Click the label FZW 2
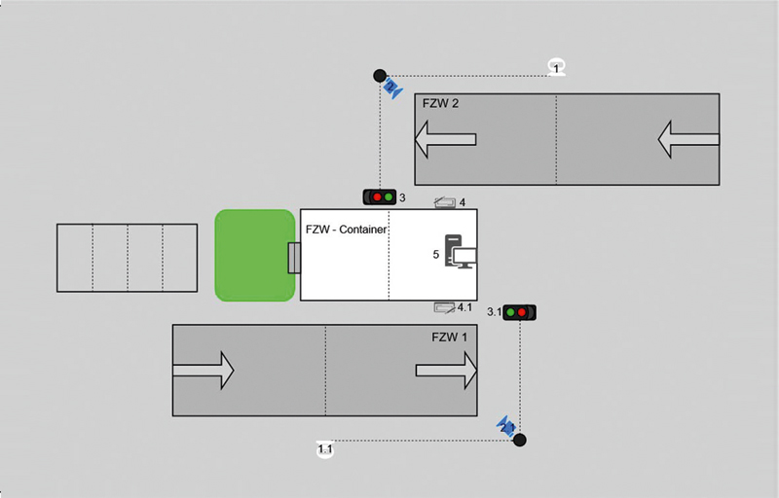[440, 103]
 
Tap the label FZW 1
[450, 336]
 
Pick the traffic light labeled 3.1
[520, 312]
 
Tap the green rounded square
[254, 255]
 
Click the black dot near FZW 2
[381, 75]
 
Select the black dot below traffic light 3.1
[520, 440]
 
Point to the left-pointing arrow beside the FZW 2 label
[445, 139]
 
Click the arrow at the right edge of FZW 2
[688, 139]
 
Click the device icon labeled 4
[445, 202]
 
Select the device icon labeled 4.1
[444, 307]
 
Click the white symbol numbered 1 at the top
[556, 67]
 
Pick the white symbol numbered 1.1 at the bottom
[325, 449]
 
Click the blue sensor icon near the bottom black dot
[505, 426]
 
